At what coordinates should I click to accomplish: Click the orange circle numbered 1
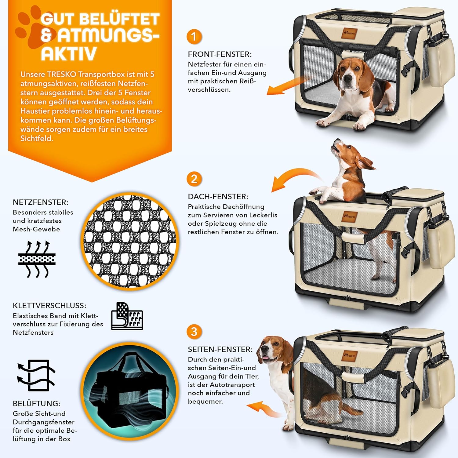coord(194,37)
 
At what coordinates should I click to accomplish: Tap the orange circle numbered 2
coord(194,179)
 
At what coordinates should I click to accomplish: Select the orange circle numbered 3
coord(194,332)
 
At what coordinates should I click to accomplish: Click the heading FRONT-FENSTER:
coord(220,54)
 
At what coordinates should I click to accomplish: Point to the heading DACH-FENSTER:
coord(218,197)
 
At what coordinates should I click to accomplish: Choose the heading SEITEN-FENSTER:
coord(220,349)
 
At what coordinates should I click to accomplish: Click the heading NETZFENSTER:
coord(41,202)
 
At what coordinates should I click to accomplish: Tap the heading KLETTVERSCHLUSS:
coord(49,306)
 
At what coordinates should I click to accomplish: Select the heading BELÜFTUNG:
coord(37,403)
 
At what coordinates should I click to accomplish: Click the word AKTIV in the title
coord(69,54)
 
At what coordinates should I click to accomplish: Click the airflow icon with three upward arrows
coord(37,259)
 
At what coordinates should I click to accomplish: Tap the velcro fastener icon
coord(127,316)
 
